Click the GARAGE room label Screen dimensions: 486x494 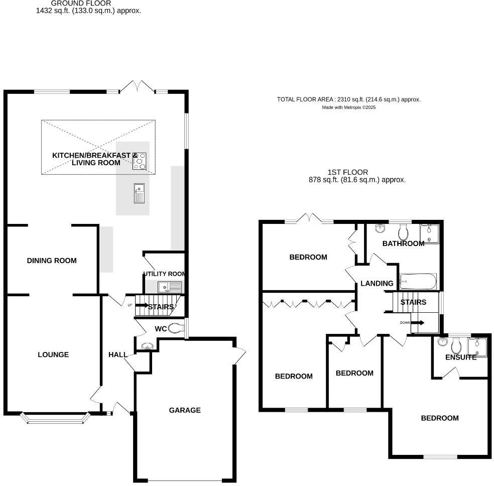pyautogui.click(x=185, y=410)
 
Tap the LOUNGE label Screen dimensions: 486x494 pyautogui.click(x=53, y=355)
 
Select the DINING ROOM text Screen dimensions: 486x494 pyautogui.click(x=52, y=261)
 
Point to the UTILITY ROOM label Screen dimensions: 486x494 pyautogui.click(x=164, y=274)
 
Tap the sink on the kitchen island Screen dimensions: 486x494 pyautogui.click(x=139, y=193)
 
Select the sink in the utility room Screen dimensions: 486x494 pyautogui.click(x=169, y=287)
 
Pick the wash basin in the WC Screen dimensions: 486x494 pyautogui.click(x=147, y=346)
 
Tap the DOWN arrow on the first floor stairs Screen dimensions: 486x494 pyautogui.click(x=417, y=323)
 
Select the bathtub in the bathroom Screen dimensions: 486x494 pyautogui.click(x=418, y=282)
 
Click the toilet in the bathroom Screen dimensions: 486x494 pyautogui.click(x=403, y=231)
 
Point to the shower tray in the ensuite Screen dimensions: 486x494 pyautogui.click(x=477, y=347)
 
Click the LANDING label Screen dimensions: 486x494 pyautogui.click(x=377, y=284)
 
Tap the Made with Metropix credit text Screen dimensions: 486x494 pyautogui.click(x=348, y=107)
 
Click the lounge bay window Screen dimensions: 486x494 pyautogui.click(x=55, y=418)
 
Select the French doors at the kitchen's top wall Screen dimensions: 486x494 pyautogui.click(x=137, y=88)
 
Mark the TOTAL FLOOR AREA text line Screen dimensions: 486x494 pyautogui.click(x=348, y=99)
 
